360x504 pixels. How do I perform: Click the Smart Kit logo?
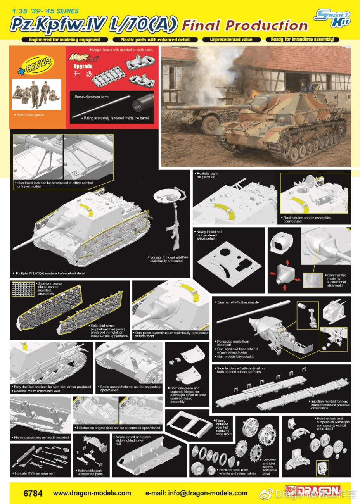333,19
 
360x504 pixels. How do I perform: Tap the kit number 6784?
33,493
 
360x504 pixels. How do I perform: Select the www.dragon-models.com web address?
92,493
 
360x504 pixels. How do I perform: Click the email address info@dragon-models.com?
196,493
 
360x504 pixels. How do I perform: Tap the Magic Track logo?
84,58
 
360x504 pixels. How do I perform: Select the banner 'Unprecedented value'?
231,40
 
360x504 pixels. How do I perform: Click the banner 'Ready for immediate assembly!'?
302,40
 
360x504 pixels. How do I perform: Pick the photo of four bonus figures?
36,94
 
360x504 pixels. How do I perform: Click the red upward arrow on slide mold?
287,262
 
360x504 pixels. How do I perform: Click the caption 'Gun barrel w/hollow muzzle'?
238,302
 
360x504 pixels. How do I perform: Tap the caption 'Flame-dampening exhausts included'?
41,437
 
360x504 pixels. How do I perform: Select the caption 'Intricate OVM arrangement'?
35,473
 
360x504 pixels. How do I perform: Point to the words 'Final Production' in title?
245,26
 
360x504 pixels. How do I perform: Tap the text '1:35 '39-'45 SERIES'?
45,11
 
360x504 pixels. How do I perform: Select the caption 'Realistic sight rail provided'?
207,175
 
